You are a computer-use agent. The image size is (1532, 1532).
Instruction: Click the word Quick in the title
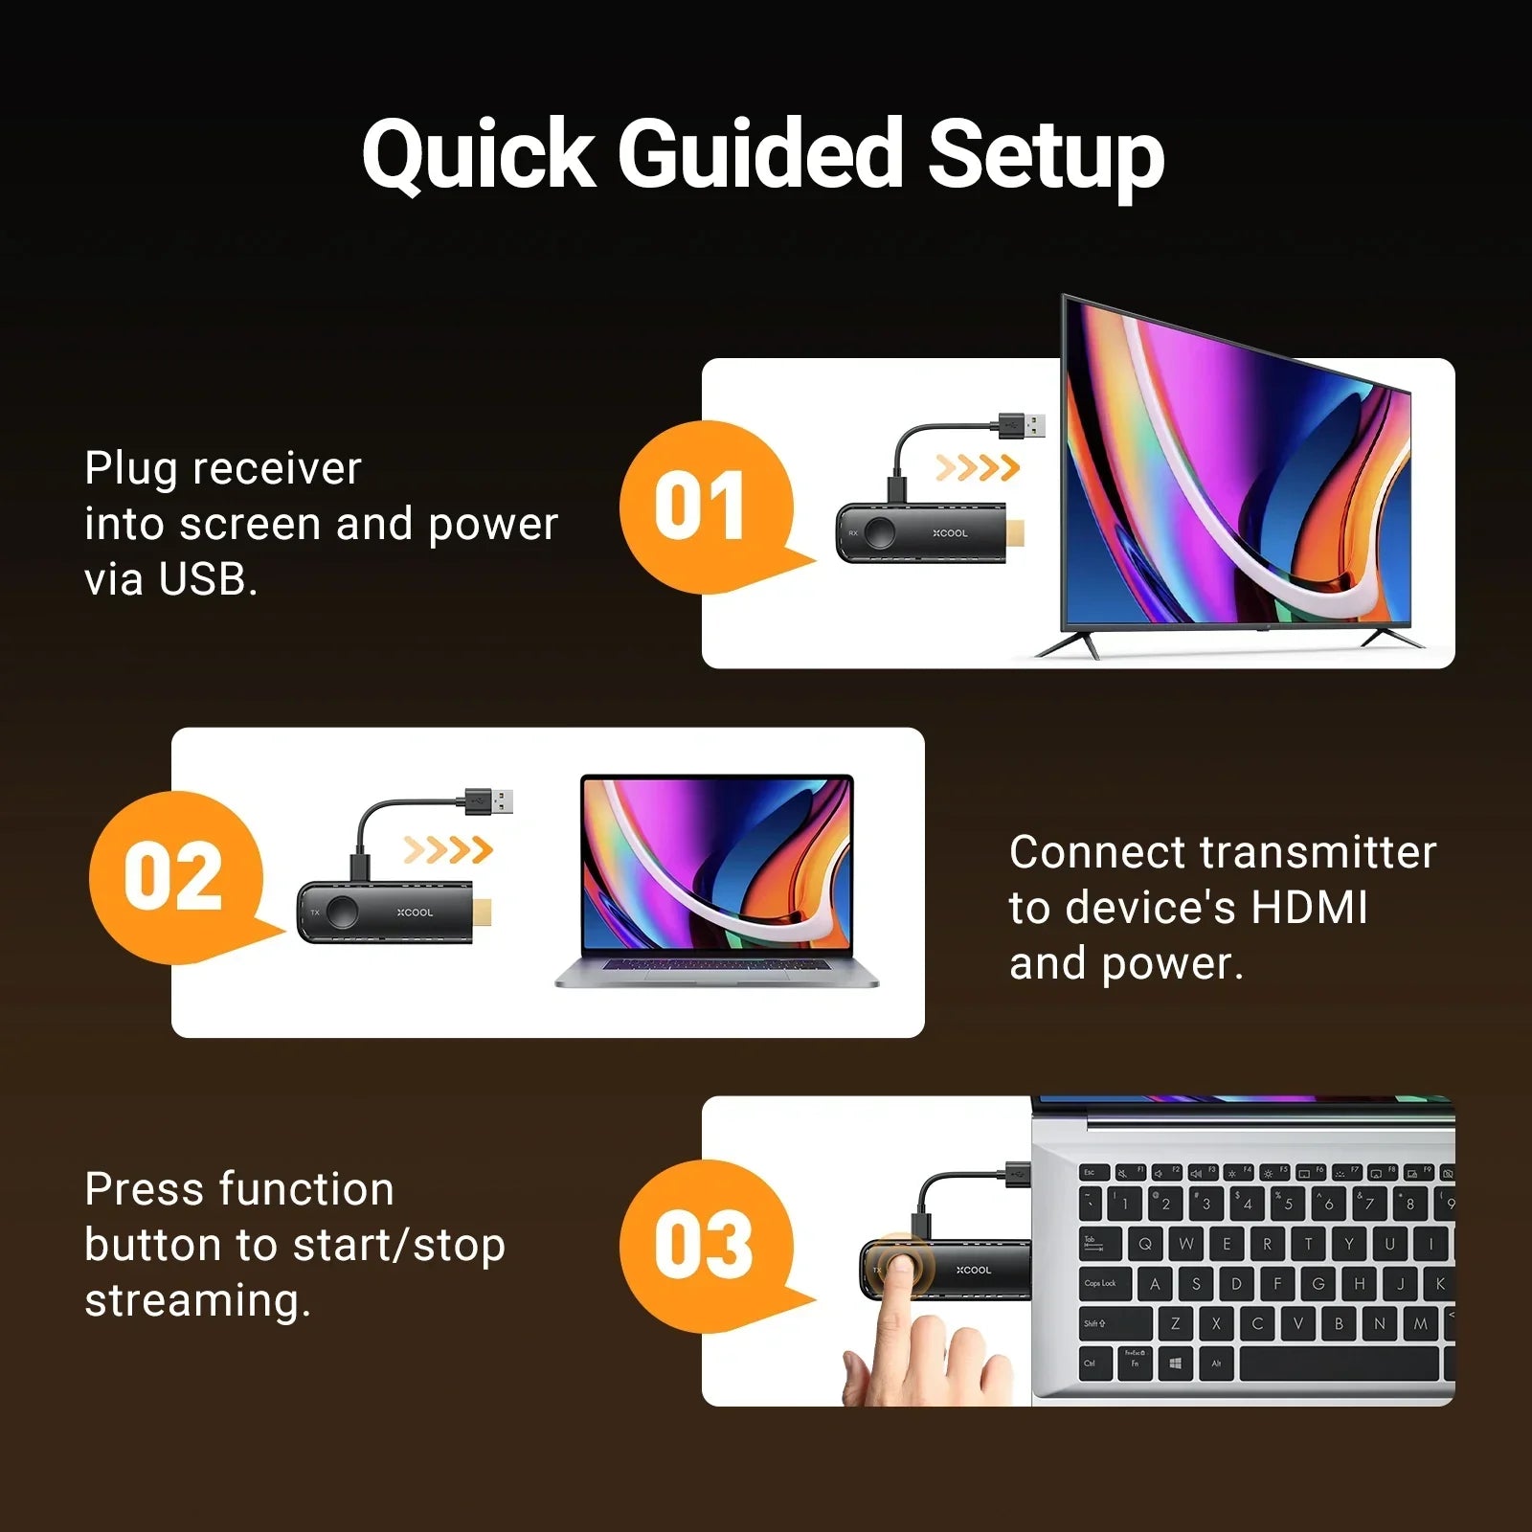[479, 153]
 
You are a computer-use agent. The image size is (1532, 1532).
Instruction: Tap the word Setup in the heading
[1046, 155]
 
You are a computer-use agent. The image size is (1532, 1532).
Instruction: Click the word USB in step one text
[203, 579]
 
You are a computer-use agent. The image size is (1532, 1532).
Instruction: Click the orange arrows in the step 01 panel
[978, 468]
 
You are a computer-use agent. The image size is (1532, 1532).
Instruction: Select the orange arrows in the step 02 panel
[448, 849]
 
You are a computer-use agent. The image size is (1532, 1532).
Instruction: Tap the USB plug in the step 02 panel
[489, 801]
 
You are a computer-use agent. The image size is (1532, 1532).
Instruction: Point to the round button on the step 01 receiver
[880, 532]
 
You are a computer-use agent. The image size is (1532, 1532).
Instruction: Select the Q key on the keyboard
[1145, 1244]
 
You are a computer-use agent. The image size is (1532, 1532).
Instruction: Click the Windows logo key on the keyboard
[1175, 1363]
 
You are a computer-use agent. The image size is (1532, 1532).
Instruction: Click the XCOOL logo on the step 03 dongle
[974, 1271]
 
